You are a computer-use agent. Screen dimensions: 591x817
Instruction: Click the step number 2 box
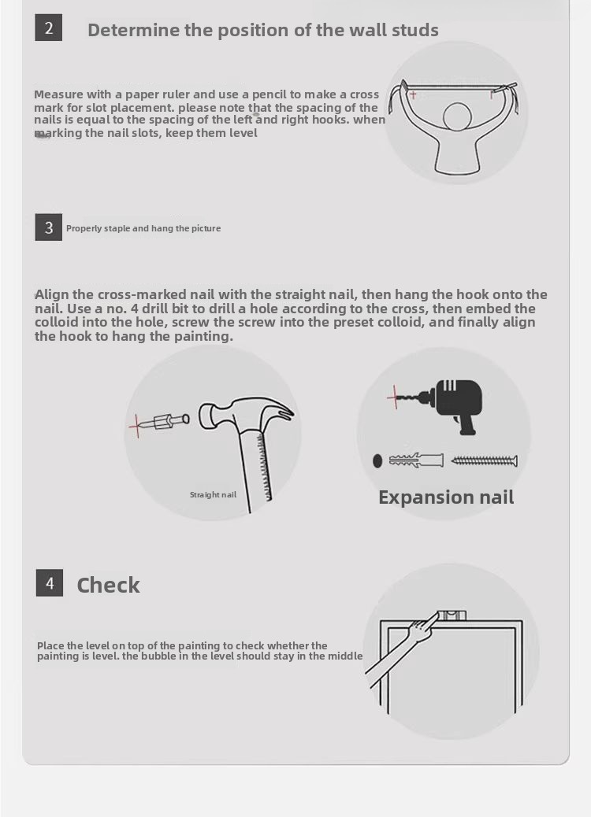(x=49, y=28)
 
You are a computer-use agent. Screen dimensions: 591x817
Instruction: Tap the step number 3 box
(x=49, y=227)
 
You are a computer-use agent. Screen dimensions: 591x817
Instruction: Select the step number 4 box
(x=50, y=582)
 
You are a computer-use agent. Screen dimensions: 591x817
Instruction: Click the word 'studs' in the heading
(x=415, y=30)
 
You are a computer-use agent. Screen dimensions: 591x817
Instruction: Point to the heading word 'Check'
(x=108, y=585)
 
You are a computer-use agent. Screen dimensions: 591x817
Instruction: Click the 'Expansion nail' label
(x=446, y=497)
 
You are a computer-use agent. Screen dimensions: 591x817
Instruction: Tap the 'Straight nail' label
(x=213, y=494)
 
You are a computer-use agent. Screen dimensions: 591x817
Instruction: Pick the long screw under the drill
(x=484, y=460)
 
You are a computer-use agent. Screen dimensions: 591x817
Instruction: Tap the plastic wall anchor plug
(x=416, y=460)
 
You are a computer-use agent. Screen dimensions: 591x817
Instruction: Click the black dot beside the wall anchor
(x=377, y=460)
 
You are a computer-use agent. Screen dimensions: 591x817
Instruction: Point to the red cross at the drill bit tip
(x=395, y=397)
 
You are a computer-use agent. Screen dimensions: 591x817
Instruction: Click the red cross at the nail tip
(x=136, y=425)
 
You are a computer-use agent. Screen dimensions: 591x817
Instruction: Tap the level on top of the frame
(x=452, y=615)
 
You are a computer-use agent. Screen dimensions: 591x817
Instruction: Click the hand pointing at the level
(x=422, y=627)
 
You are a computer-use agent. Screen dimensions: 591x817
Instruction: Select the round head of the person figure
(x=458, y=117)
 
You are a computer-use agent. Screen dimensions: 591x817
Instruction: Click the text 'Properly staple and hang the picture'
(x=143, y=228)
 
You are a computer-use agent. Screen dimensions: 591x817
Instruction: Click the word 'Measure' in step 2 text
(x=58, y=94)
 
